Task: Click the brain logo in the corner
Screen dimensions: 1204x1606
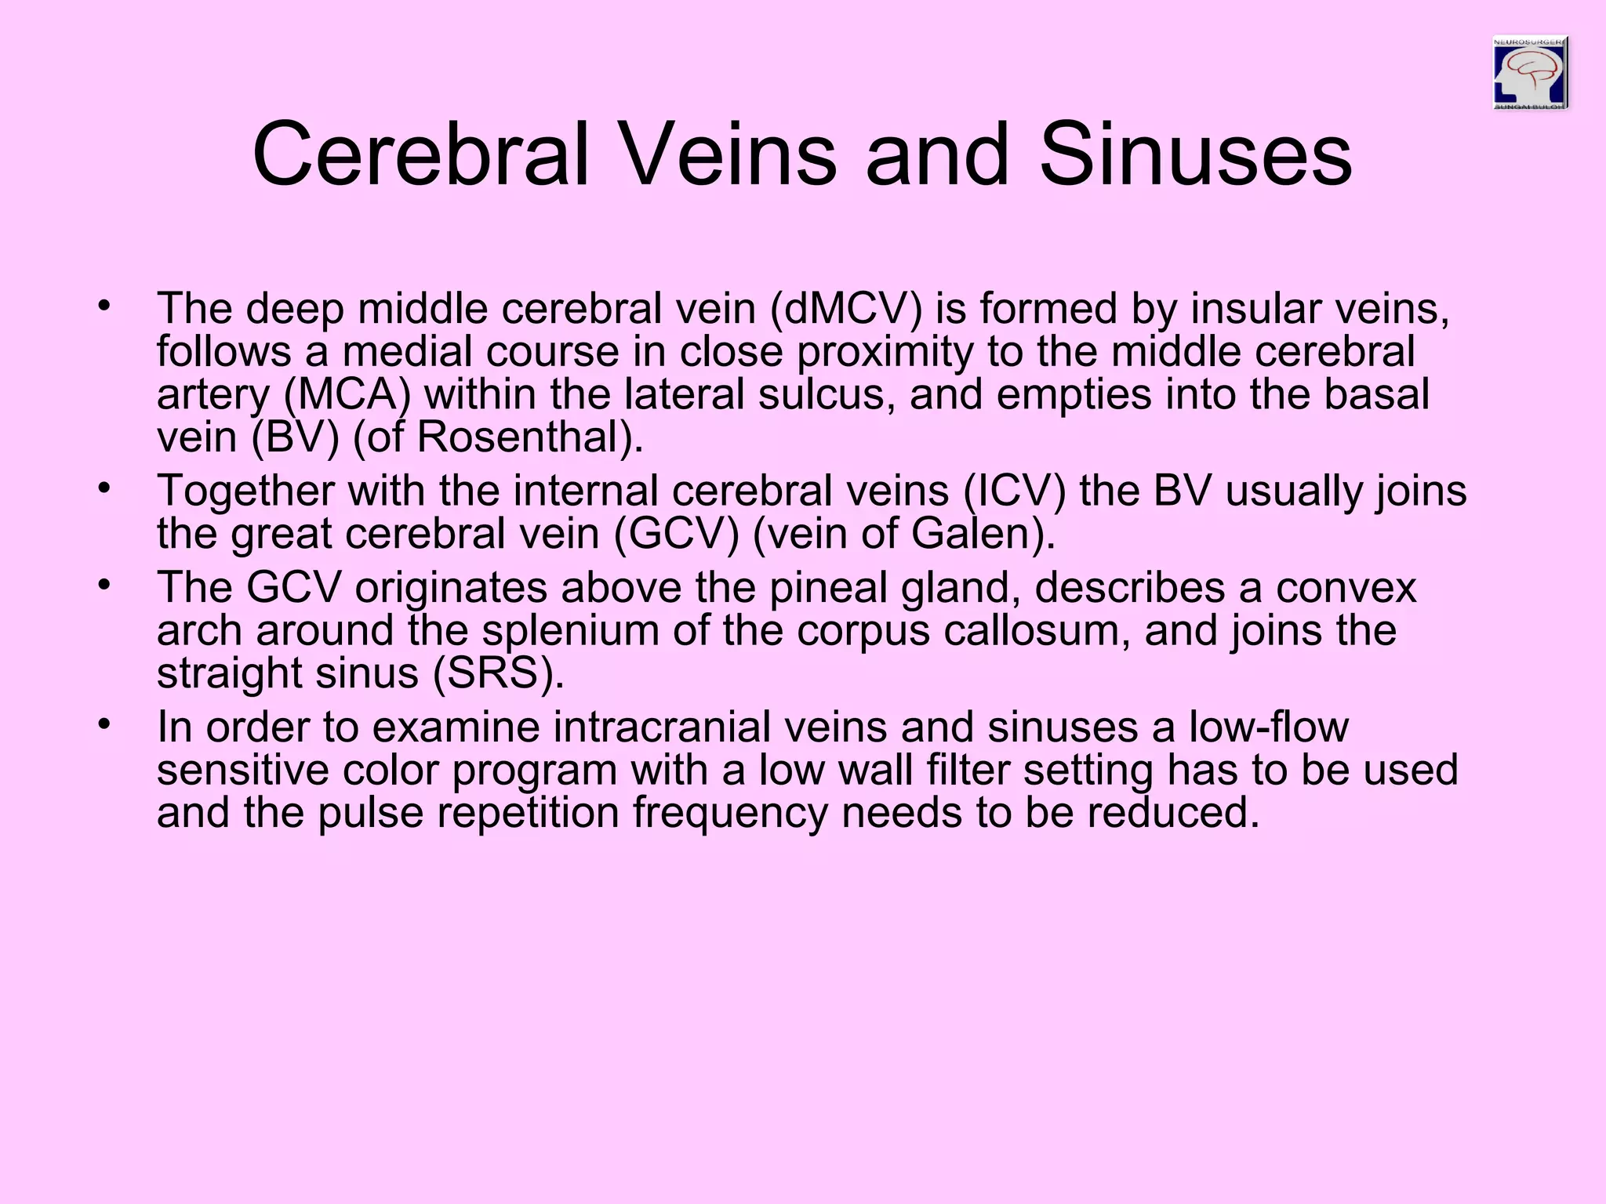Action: pos(1530,73)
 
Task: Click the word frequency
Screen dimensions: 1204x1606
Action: pos(730,813)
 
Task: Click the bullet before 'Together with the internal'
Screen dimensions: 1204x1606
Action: pos(102,488)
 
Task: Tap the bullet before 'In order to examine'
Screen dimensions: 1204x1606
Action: pos(102,723)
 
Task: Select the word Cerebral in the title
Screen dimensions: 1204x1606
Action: pos(420,154)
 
